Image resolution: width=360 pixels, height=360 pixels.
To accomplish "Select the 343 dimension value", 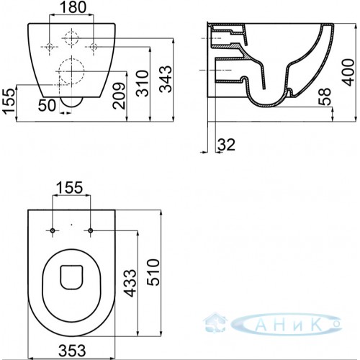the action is pyautogui.click(x=166, y=79).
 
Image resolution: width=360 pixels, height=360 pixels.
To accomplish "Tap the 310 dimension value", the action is pyautogui.click(x=143, y=84).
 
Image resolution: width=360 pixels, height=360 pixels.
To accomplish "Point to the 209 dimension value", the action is pyautogui.click(x=120, y=96).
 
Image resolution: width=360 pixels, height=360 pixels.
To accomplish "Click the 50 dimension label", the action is pyautogui.click(x=48, y=105).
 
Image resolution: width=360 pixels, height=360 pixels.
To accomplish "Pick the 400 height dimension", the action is pyautogui.click(x=348, y=72).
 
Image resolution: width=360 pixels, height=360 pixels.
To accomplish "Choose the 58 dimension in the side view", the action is pyautogui.click(x=325, y=96).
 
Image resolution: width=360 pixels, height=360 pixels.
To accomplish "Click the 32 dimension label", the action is pyautogui.click(x=226, y=145).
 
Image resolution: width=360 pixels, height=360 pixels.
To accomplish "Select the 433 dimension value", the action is pyautogui.click(x=130, y=283).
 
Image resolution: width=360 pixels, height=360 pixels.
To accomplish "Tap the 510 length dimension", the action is pyautogui.click(x=153, y=272).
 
